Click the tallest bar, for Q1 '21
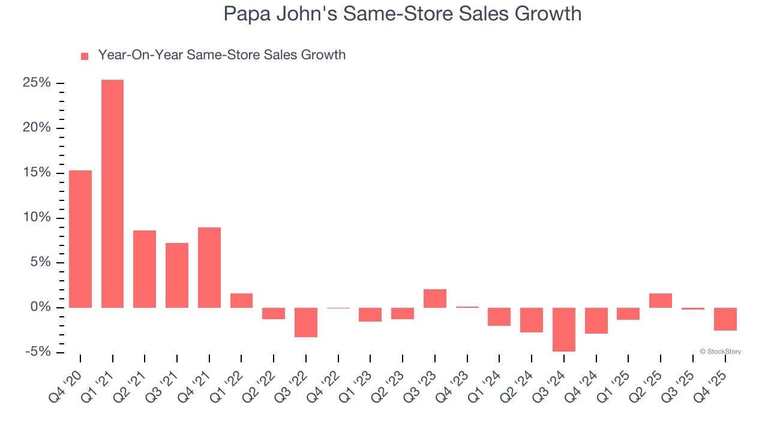[112, 193]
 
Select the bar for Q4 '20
[80, 239]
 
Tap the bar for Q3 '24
[563, 329]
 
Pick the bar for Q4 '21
[209, 268]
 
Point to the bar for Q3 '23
[434, 298]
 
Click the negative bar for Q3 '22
[305, 322]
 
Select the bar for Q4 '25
[725, 319]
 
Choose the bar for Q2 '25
[660, 301]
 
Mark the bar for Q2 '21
[145, 269]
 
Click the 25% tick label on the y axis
[37, 83]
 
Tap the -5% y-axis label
[37, 352]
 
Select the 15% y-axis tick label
[37, 173]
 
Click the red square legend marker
[85, 56]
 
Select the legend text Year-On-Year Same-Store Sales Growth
[221, 55]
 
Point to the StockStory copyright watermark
[720, 352]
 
